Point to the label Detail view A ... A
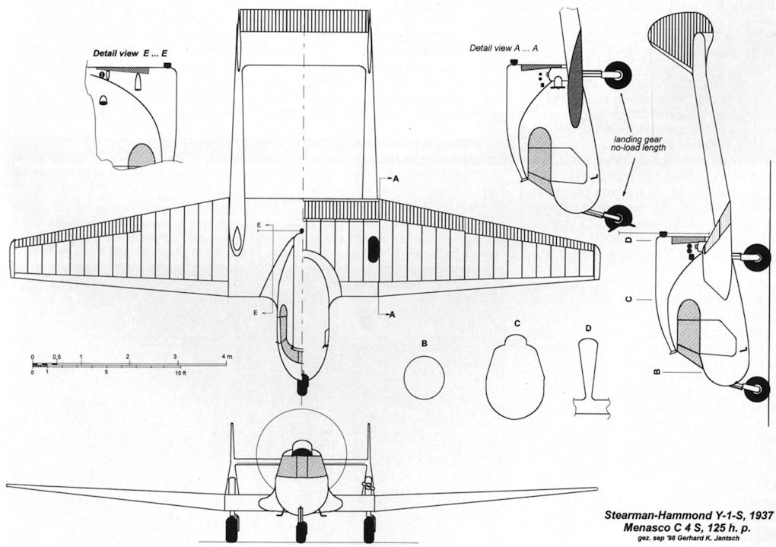pos(504,48)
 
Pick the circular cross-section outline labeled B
pos(424,379)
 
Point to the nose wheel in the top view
pos(302,385)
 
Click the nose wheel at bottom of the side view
pos(755,389)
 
